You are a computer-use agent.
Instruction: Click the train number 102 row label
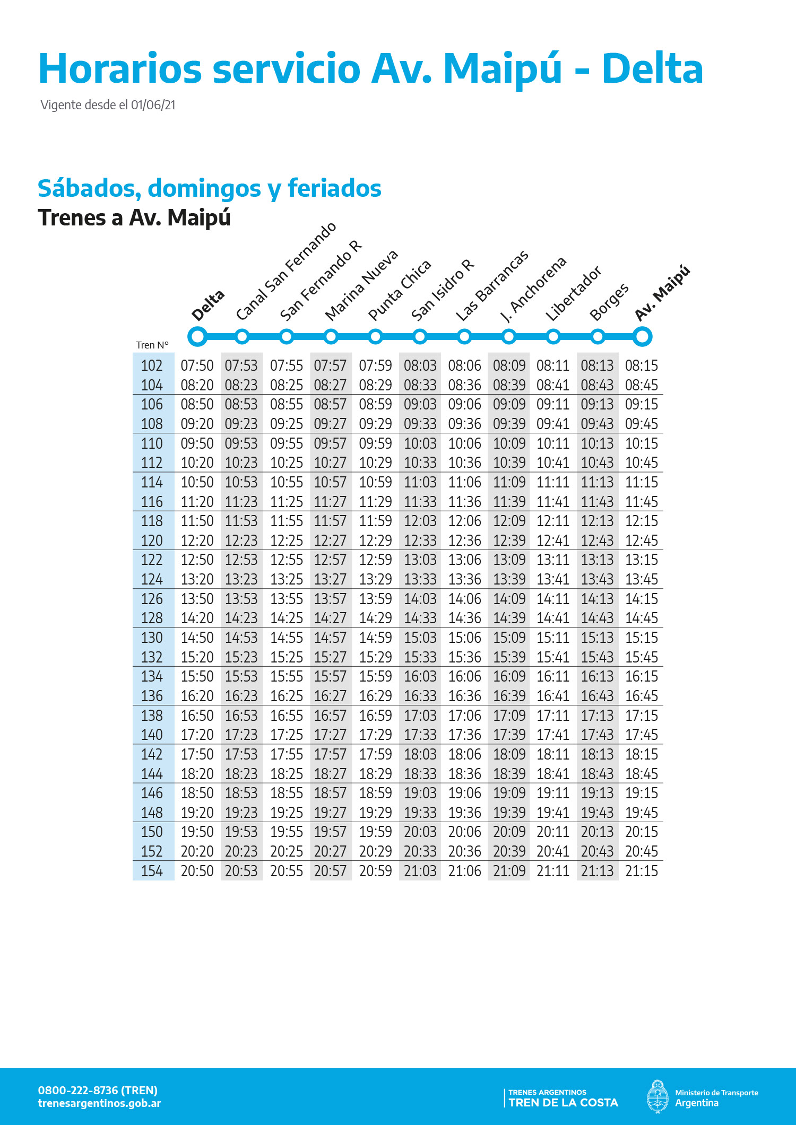152,365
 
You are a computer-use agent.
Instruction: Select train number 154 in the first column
152,871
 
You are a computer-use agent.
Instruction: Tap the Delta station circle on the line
197,336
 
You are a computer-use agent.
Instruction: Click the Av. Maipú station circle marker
642,336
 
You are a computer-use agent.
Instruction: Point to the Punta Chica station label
400,290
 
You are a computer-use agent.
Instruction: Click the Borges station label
609,302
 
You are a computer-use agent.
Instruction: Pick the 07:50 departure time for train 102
197,365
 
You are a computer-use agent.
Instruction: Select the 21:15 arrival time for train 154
642,871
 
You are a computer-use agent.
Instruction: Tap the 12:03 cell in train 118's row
420,521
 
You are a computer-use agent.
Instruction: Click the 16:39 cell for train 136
509,696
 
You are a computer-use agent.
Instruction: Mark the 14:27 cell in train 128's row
330,618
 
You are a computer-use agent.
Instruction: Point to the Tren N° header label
152,345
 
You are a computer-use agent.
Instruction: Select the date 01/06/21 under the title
153,105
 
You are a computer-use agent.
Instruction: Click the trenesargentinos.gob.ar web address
99,1103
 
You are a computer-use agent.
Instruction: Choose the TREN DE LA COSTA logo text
563,1103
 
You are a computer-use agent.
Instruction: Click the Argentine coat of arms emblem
657,1096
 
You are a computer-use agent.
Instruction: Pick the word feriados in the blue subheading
334,188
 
